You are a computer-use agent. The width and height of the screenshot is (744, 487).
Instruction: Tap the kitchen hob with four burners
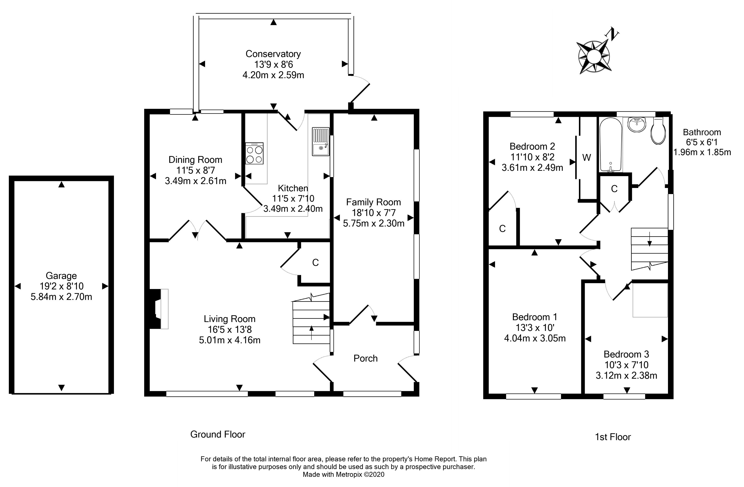(x=254, y=153)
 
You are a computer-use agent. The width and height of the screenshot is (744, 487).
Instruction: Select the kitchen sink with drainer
(x=320, y=141)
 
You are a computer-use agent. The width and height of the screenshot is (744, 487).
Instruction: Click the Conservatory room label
(x=273, y=54)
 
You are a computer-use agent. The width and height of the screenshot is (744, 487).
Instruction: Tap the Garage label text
(x=61, y=275)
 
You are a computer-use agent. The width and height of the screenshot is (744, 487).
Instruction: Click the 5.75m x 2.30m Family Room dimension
(x=374, y=223)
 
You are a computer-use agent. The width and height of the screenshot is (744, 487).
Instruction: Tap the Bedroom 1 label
(x=535, y=317)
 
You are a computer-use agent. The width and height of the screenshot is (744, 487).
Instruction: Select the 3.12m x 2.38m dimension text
(x=626, y=375)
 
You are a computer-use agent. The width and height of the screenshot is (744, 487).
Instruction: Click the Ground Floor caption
(x=218, y=434)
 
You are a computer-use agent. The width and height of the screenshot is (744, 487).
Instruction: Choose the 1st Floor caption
(x=613, y=437)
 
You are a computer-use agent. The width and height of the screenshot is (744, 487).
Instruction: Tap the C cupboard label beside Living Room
(x=316, y=262)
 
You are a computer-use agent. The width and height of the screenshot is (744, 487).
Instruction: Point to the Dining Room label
(x=195, y=160)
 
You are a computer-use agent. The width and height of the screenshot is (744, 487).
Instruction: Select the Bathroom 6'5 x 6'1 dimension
(x=702, y=142)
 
